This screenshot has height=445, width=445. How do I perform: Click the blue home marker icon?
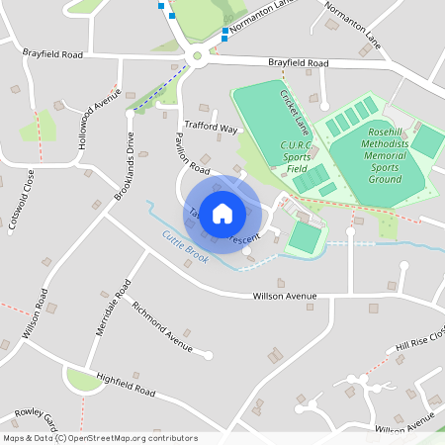(222, 213)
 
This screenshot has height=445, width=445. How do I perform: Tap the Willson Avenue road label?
(284, 296)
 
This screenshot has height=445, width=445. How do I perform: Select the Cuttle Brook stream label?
(185, 244)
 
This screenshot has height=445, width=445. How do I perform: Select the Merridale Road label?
(113, 308)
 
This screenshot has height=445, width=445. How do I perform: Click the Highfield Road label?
(126, 386)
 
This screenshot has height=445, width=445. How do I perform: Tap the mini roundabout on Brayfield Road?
(197, 56)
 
